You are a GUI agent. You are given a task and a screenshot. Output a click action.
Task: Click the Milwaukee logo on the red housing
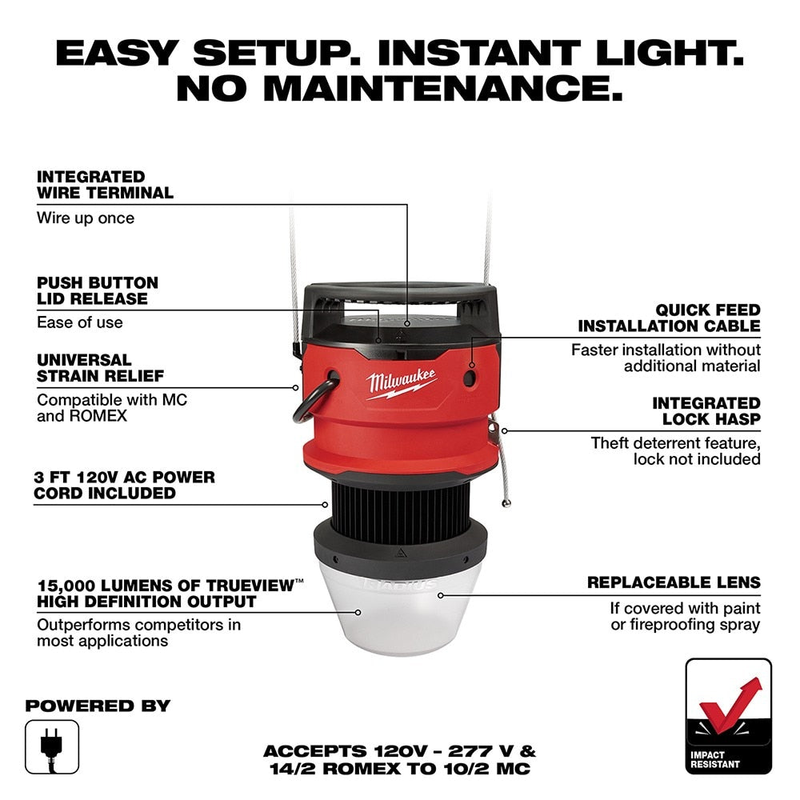(x=402, y=382)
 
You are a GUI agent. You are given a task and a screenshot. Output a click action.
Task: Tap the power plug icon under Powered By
(x=52, y=746)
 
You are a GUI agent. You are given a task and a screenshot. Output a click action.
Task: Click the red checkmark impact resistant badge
(x=728, y=716)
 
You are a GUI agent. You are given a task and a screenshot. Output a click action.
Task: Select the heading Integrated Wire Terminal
(x=105, y=185)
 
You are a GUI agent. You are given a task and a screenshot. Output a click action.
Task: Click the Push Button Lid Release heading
(x=98, y=291)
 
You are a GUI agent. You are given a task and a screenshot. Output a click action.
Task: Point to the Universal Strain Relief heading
(x=100, y=368)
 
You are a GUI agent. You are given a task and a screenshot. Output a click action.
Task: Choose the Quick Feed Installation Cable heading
(x=669, y=318)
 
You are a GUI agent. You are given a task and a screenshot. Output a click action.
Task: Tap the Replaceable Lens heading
(x=674, y=582)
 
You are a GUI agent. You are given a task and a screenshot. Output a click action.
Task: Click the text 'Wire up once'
(x=86, y=218)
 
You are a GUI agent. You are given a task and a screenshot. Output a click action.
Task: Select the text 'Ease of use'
(x=80, y=322)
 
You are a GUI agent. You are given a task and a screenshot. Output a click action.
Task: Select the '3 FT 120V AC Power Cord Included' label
(x=124, y=486)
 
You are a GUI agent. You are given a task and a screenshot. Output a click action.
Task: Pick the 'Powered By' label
(x=98, y=706)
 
